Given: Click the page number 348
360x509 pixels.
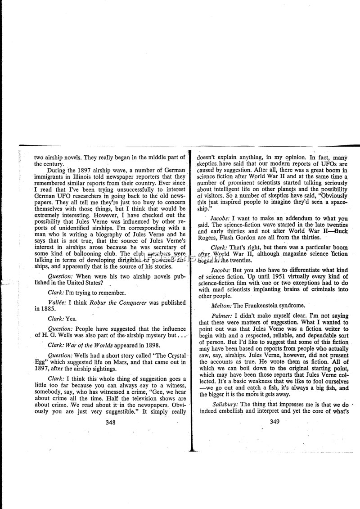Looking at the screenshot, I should coord(110,422).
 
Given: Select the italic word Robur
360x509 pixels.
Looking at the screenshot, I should coord(98,302).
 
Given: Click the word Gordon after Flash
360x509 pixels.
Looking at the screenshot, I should coord(253,238).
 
